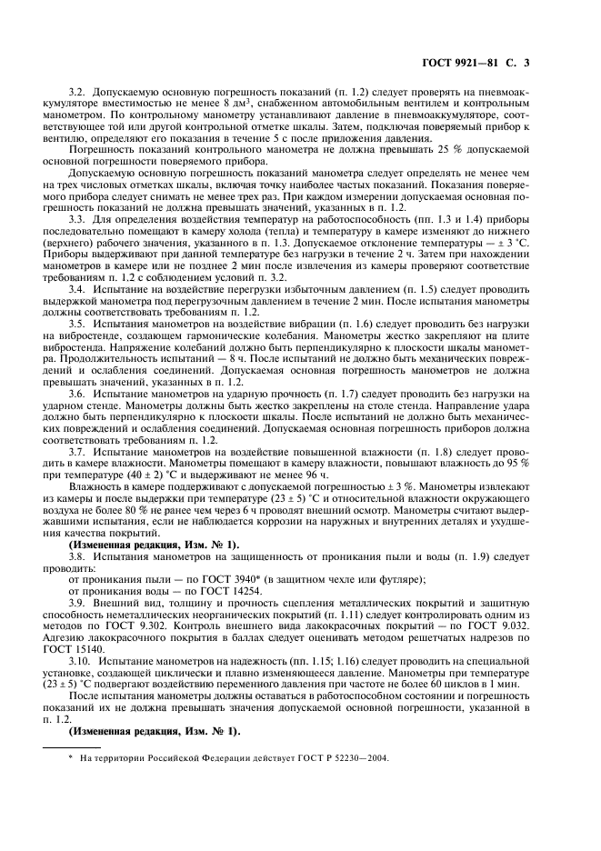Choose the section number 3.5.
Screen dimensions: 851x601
pos(77,324)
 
